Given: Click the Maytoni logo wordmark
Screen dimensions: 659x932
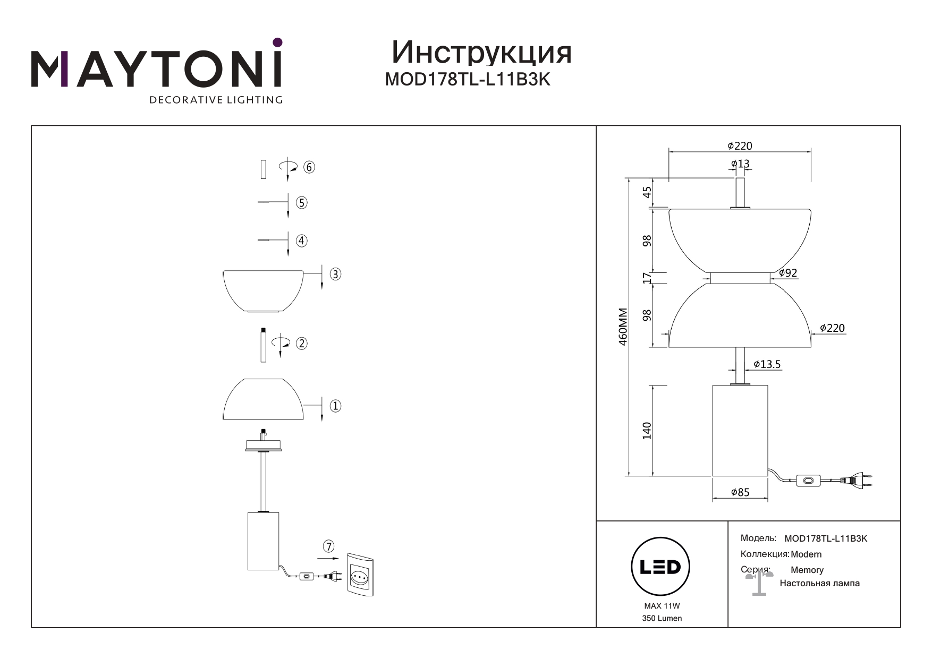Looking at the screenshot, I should pyautogui.click(x=157, y=69).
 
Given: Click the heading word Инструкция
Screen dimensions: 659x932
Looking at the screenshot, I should pyautogui.click(x=481, y=53).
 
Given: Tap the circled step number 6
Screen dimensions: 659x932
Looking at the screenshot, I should pyautogui.click(x=309, y=167).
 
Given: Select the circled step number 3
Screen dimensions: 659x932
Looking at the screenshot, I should pyautogui.click(x=335, y=275).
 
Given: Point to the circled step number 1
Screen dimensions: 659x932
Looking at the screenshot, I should pyautogui.click(x=335, y=406).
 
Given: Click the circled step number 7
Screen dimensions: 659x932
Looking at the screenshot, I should pyautogui.click(x=329, y=546).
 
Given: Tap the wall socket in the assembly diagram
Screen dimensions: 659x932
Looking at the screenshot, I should pyautogui.click(x=363, y=575).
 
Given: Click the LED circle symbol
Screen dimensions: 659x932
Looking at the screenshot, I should pyautogui.click(x=660, y=567).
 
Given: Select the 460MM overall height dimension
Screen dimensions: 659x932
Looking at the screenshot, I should pyautogui.click(x=624, y=327).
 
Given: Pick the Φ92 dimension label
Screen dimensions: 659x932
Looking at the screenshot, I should pyautogui.click(x=788, y=273).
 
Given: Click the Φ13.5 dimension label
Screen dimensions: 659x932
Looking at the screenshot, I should pyautogui.click(x=767, y=364).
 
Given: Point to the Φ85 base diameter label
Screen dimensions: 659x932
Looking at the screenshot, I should pyautogui.click(x=740, y=492).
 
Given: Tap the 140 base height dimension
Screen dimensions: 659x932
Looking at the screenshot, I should pyautogui.click(x=647, y=431).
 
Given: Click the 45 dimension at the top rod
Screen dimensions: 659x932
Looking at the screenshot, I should pyautogui.click(x=647, y=192).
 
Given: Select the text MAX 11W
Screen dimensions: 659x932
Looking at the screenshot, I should pyautogui.click(x=662, y=606).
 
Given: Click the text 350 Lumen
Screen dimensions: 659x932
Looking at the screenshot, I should pyautogui.click(x=662, y=618).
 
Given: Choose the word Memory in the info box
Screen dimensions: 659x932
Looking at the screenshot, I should pyautogui.click(x=807, y=570).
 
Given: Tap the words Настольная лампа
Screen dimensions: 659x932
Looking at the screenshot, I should pyautogui.click(x=819, y=583).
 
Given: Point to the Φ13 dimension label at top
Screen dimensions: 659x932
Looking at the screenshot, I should pyautogui.click(x=740, y=164).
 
